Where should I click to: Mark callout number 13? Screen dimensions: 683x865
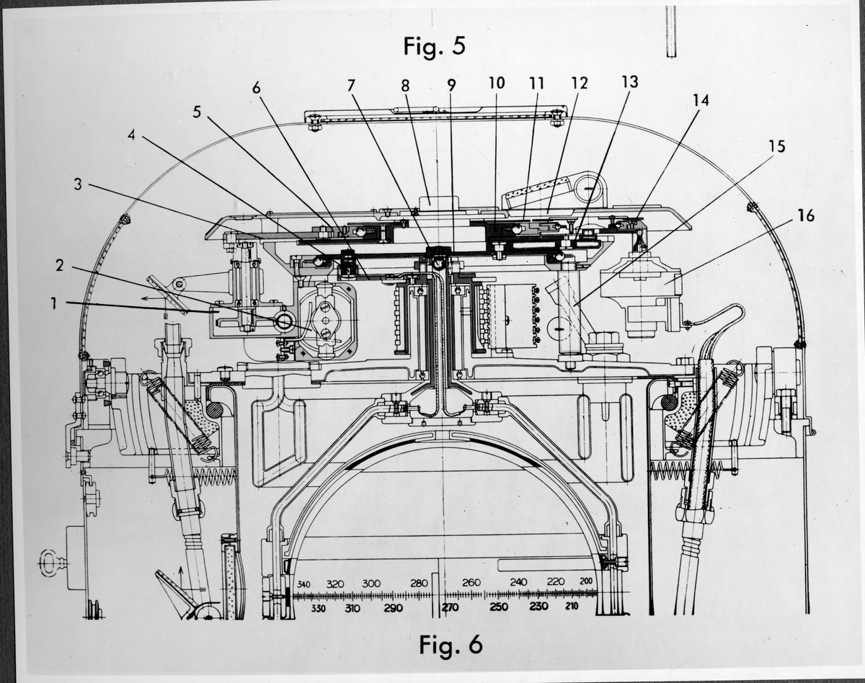[629, 82]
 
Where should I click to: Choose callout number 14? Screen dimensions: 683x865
[701, 101]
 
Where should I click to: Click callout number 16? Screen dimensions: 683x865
[807, 215]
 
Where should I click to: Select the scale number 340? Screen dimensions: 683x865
[303, 584]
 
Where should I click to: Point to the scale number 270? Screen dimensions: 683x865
[451, 607]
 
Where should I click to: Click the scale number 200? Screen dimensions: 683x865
[585, 582]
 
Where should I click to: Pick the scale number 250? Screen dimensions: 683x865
[499, 607]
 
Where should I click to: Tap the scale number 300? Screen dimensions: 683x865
[371, 583]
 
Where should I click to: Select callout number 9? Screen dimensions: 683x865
[451, 85]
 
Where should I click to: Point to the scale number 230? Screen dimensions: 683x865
[538, 607]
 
